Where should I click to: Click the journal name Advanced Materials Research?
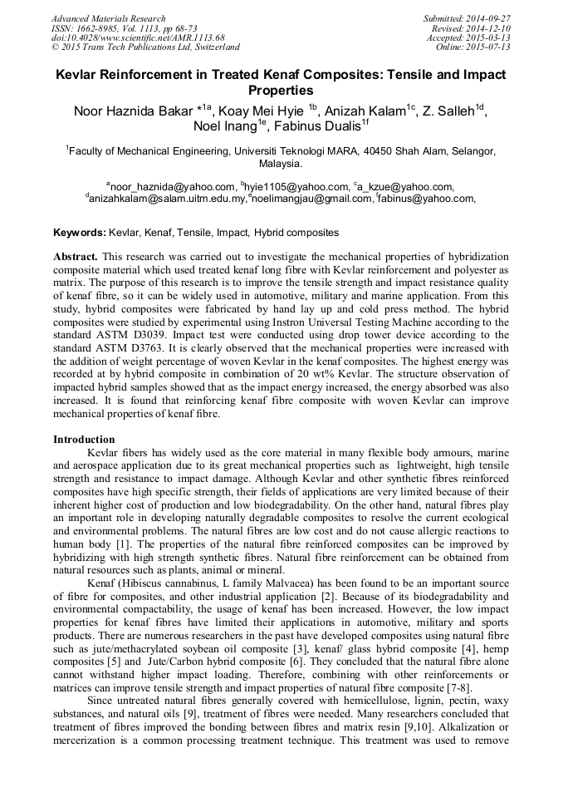click(x=108, y=18)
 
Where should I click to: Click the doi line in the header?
click(x=138, y=37)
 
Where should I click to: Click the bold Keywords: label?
click(x=80, y=234)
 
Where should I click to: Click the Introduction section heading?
click(x=84, y=439)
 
